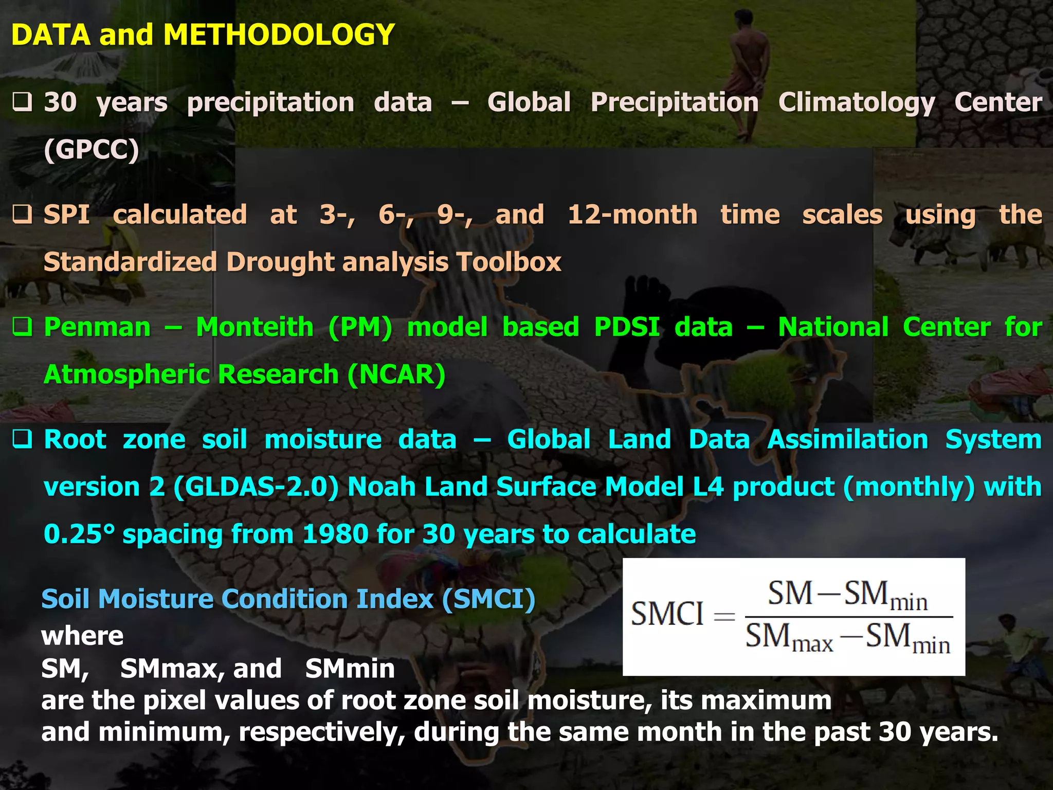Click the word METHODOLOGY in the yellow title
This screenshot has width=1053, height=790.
pyautogui.click(x=278, y=35)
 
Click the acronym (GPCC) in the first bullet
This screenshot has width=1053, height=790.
pyautogui.click(x=92, y=150)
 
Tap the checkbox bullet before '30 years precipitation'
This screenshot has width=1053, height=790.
pyautogui.click(x=23, y=102)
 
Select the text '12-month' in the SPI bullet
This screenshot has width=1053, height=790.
pyautogui.click(x=632, y=214)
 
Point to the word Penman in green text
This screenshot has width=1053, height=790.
pyautogui.click(x=97, y=327)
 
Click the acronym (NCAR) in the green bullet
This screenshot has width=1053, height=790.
pyautogui.click(x=396, y=374)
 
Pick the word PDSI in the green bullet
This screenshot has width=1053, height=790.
pyautogui.click(x=627, y=327)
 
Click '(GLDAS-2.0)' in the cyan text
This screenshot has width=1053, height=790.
pyautogui.click(x=256, y=487)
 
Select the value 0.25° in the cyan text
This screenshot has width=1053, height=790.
pyautogui.click(x=79, y=534)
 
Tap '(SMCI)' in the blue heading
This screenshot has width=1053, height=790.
pyautogui.click(x=488, y=599)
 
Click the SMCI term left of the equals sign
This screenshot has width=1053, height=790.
pyautogui.click(x=667, y=614)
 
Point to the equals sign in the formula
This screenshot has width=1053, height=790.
pyautogui.click(x=724, y=616)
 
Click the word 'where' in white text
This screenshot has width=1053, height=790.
pyautogui.click(x=82, y=636)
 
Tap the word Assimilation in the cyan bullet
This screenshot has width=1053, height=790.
pyautogui.click(x=847, y=440)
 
